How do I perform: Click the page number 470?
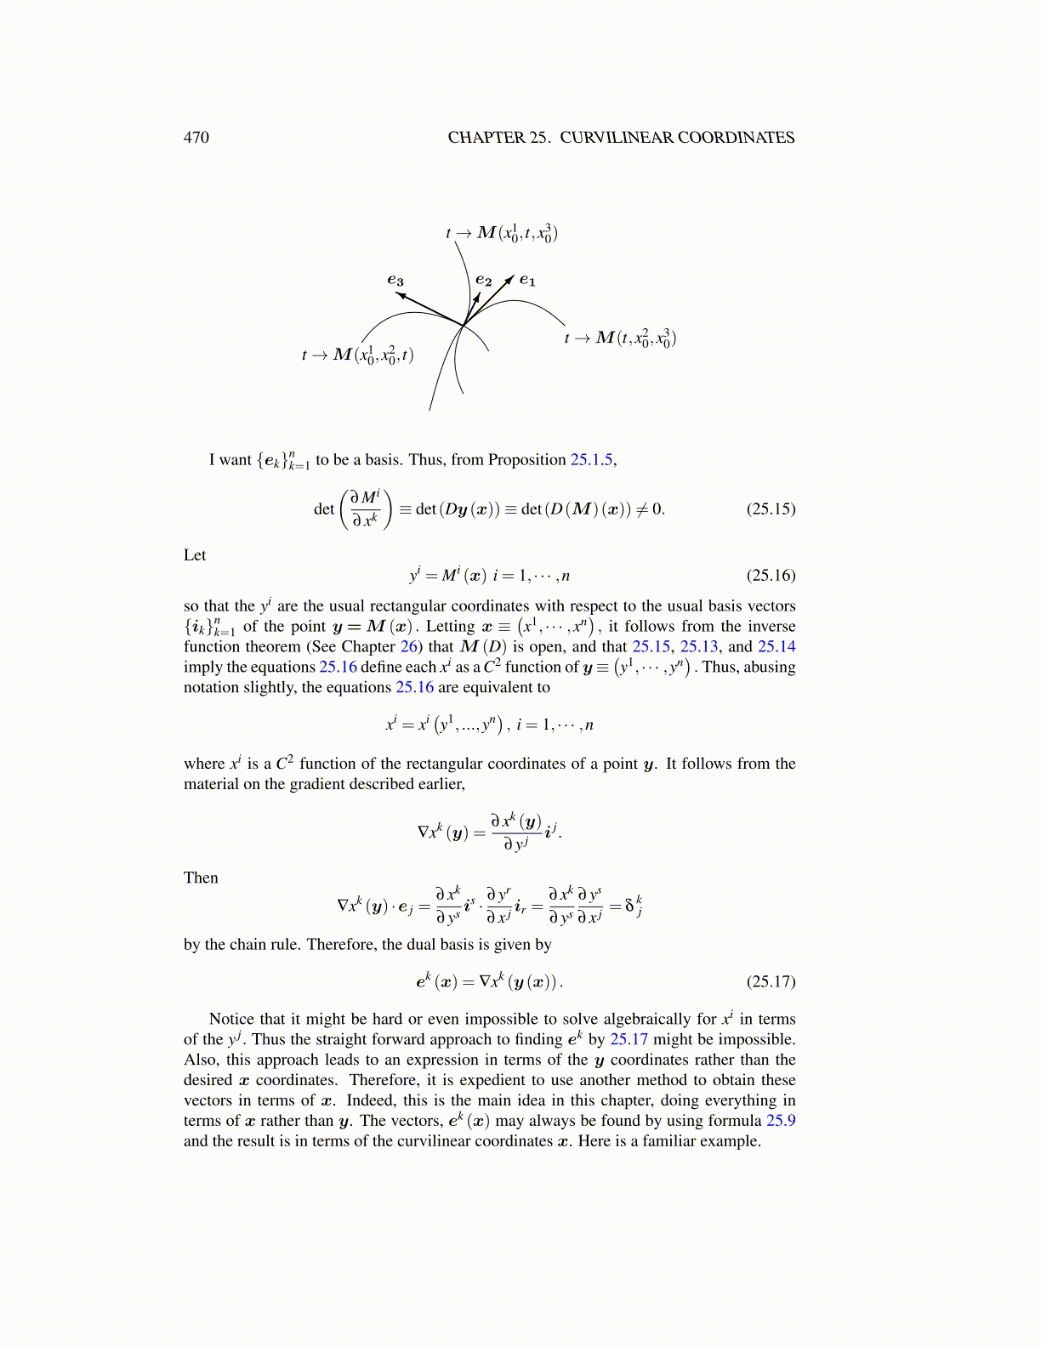click(x=196, y=138)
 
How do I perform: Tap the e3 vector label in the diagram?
click(x=395, y=280)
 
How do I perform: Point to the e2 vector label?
click(x=483, y=279)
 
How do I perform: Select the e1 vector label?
click(x=527, y=280)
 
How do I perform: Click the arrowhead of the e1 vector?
click(x=509, y=280)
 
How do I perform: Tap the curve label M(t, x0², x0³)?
click(x=620, y=338)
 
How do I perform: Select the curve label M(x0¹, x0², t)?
click(x=357, y=355)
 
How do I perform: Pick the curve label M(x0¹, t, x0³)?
click(x=502, y=232)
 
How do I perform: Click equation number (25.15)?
click(x=771, y=509)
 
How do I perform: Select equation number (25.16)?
click(x=771, y=576)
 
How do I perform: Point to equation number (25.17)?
click(x=771, y=982)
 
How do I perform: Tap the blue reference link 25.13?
click(x=699, y=647)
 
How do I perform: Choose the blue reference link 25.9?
click(x=780, y=1121)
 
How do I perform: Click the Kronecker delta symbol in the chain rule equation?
click(x=630, y=907)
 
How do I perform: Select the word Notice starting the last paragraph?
click(x=231, y=1019)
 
